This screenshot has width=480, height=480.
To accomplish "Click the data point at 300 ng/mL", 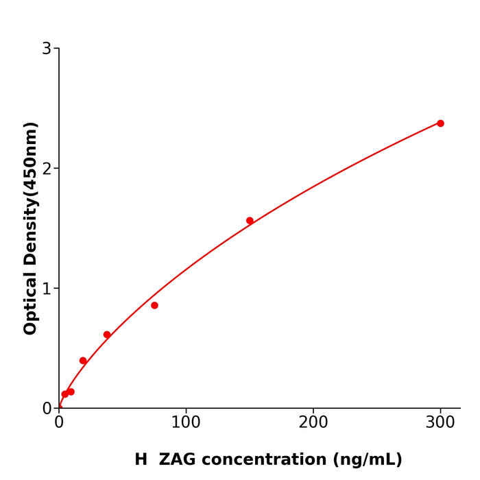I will click(440, 123).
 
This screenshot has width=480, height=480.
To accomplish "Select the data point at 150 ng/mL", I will click(250, 221).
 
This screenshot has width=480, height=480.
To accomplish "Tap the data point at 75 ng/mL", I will click(154, 305).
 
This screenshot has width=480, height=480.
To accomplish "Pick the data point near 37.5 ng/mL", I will click(107, 335).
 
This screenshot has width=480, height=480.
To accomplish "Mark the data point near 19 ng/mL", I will click(83, 361).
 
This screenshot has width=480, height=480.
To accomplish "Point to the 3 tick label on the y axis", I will click(47, 49).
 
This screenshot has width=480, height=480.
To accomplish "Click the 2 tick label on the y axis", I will click(47, 169).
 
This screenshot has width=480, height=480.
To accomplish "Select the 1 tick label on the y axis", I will click(47, 289).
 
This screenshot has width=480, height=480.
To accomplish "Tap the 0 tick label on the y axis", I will click(47, 409).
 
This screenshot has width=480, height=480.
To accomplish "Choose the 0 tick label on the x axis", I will click(59, 422).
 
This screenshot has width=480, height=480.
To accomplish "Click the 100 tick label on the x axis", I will click(186, 422).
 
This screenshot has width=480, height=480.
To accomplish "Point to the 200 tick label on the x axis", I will click(313, 422).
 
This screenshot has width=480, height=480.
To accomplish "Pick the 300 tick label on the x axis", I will click(440, 422).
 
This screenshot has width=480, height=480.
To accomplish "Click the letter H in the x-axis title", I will click(141, 459).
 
